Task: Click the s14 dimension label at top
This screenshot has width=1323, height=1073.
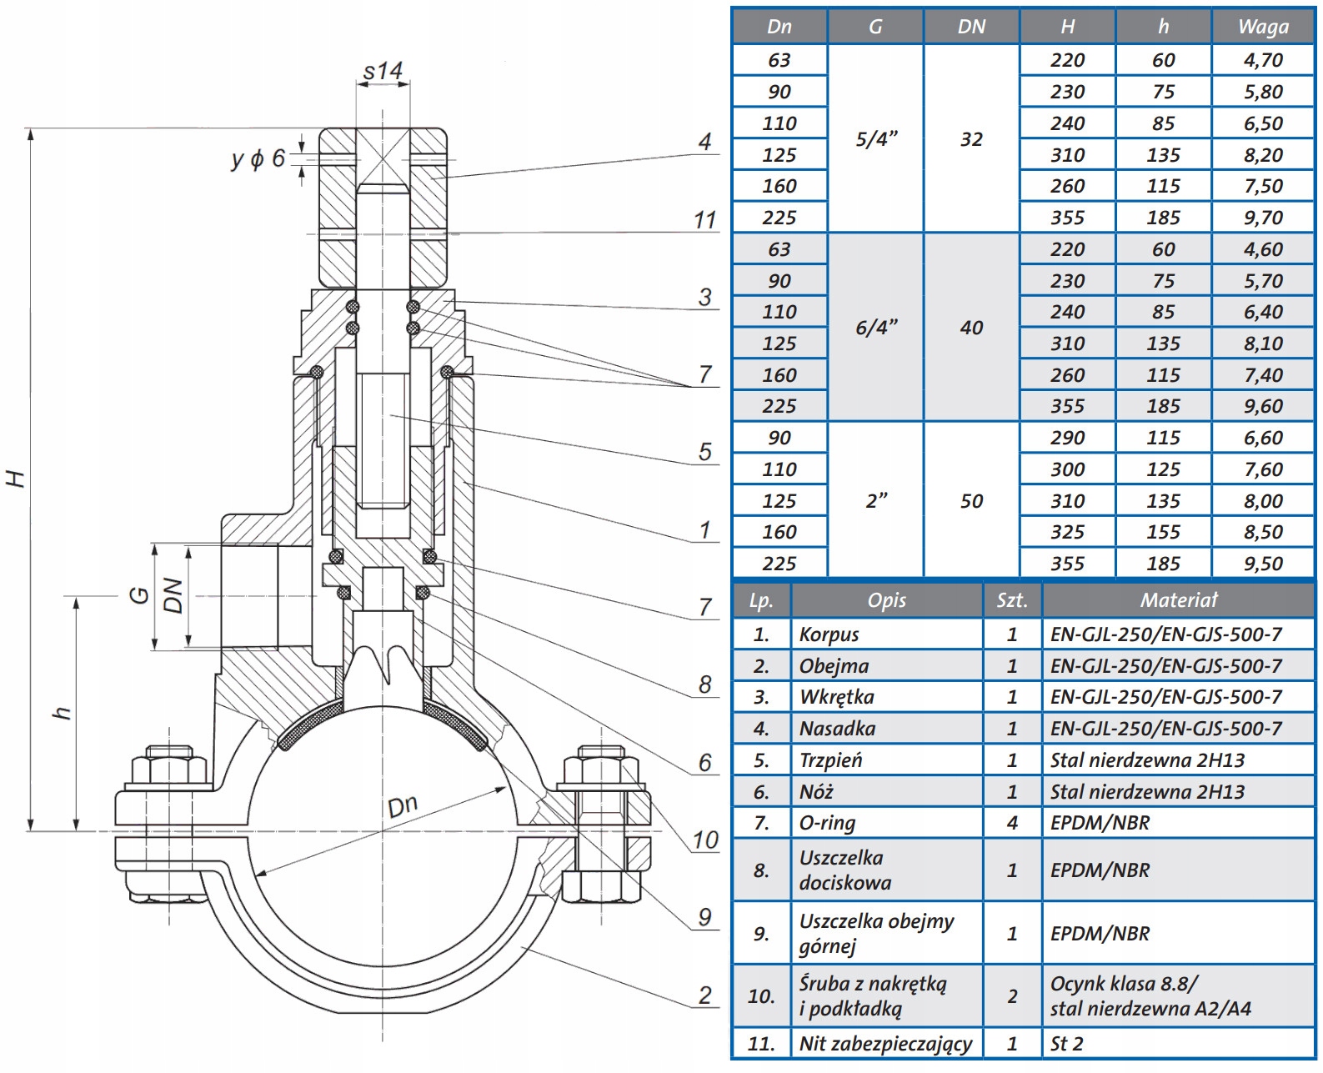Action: [383, 72]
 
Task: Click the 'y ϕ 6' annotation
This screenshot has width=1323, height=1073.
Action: [258, 158]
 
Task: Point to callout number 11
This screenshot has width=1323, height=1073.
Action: [704, 220]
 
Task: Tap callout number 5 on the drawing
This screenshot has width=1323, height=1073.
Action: [705, 452]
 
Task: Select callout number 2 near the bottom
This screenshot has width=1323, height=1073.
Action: [705, 995]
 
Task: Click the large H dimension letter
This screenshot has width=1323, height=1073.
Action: [17, 479]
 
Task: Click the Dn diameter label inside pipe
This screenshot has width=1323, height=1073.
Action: [403, 805]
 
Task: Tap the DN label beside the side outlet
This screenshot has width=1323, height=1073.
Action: [173, 595]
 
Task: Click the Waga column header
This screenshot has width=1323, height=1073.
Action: [1262, 27]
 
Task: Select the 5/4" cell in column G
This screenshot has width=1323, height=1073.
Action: [875, 139]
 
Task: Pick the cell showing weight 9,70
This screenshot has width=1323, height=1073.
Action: [1262, 218]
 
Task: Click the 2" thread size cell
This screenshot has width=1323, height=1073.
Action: [875, 501]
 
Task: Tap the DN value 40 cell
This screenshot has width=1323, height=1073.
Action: [971, 328]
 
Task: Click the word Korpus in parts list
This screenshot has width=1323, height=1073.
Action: [829, 634]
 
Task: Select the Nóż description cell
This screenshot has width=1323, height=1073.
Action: [816, 792]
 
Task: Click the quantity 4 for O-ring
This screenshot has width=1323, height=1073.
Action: [1012, 823]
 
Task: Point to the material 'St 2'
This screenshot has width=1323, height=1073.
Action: [1066, 1044]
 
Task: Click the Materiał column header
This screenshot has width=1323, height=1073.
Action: [1178, 600]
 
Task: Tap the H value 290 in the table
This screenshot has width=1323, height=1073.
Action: [1067, 438]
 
